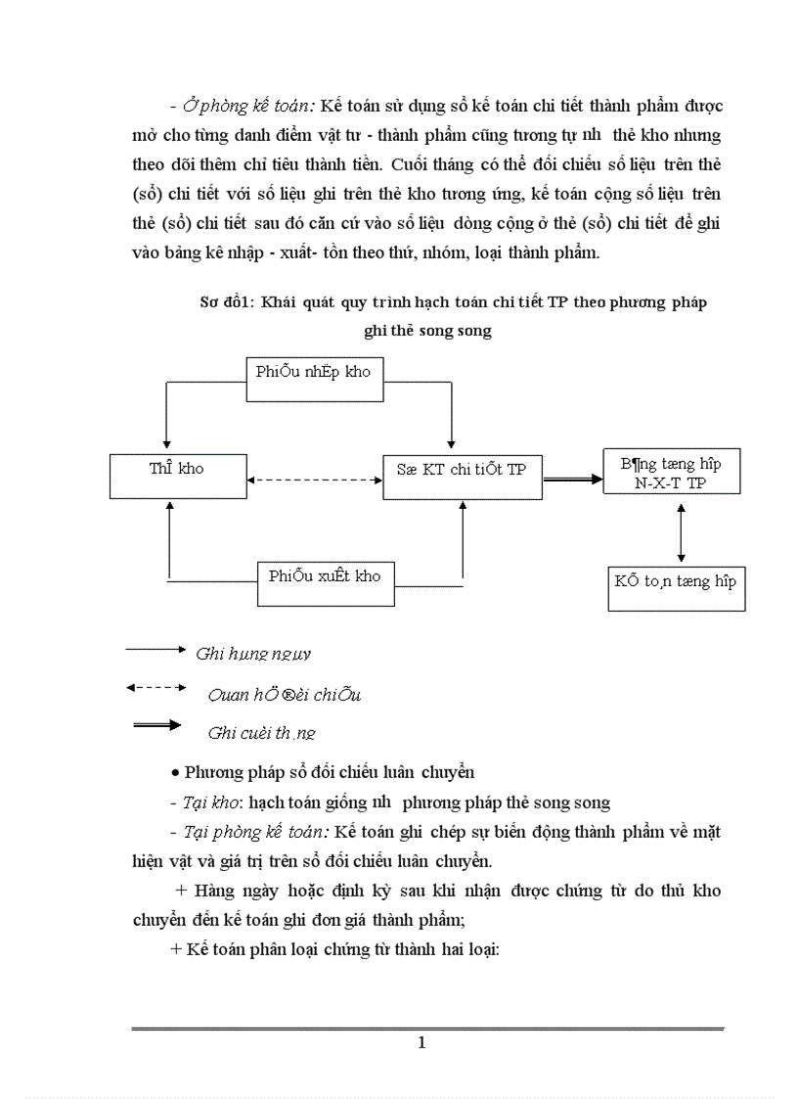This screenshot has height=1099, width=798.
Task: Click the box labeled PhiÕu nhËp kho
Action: tap(313, 379)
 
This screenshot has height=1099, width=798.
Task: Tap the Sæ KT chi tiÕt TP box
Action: tap(462, 477)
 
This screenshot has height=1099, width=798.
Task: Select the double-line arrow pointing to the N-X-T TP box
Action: tap(572, 479)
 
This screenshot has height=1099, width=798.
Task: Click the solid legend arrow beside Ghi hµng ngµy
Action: tap(155, 648)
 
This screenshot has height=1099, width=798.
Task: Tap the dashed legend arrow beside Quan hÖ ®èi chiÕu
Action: tap(155, 688)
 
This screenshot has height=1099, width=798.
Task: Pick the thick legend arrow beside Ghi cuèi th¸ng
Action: tap(156, 725)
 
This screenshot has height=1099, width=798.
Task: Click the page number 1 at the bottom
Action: tap(421, 1042)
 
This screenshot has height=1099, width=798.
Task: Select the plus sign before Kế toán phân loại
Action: tap(176, 948)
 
